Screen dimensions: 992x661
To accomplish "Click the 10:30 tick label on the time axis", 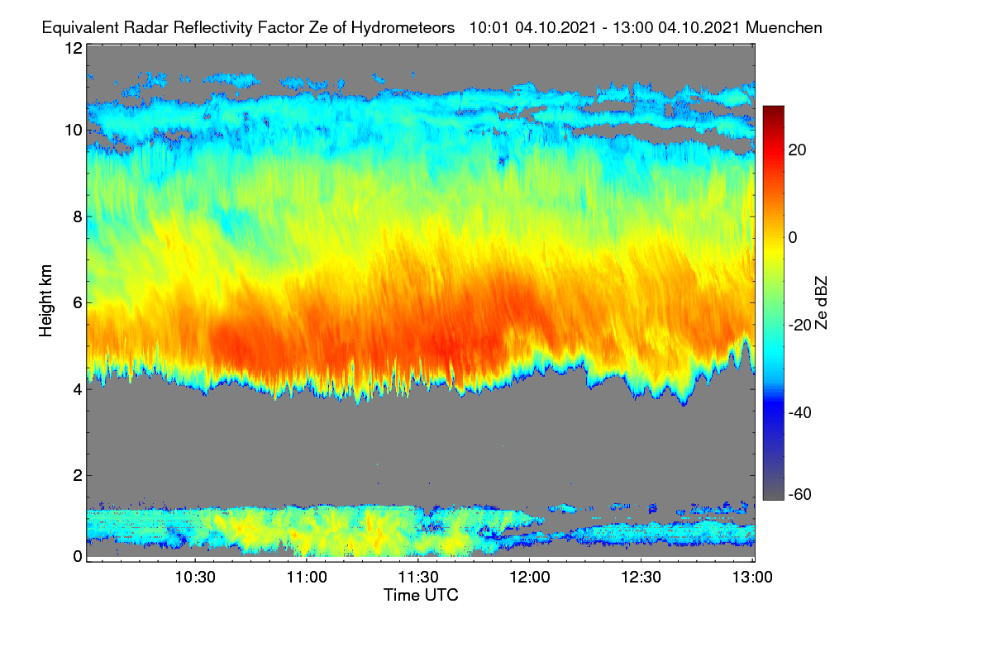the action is point(195,578).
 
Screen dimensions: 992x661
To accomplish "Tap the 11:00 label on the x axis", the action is point(307,578).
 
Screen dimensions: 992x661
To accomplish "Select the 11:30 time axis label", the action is point(418,578).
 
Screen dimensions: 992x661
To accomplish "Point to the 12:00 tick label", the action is point(530,578).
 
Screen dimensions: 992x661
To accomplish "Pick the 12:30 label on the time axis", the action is point(641,578).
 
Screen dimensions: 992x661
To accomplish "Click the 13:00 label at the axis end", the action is point(752,578).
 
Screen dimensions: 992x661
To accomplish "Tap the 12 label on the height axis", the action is point(74,48).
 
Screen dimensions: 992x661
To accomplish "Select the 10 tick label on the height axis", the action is point(74,131).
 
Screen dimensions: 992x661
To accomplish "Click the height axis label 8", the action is point(78,216).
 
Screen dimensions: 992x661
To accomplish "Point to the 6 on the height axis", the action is point(78,303).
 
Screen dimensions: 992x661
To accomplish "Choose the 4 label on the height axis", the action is point(78,390).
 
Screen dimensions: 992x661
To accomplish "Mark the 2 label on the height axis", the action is point(78,475).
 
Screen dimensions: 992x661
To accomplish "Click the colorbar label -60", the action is point(800,494).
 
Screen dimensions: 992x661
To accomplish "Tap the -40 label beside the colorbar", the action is point(800,412).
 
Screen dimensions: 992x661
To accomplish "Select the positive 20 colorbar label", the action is point(797,150).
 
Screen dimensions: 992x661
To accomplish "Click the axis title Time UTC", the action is point(421,595).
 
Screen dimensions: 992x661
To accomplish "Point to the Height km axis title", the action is point(45,301).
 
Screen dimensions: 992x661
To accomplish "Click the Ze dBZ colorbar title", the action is point(821,303).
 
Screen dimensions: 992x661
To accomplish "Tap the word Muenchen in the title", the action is point(784,27).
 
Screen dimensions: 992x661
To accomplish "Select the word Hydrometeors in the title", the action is point(403,28).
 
